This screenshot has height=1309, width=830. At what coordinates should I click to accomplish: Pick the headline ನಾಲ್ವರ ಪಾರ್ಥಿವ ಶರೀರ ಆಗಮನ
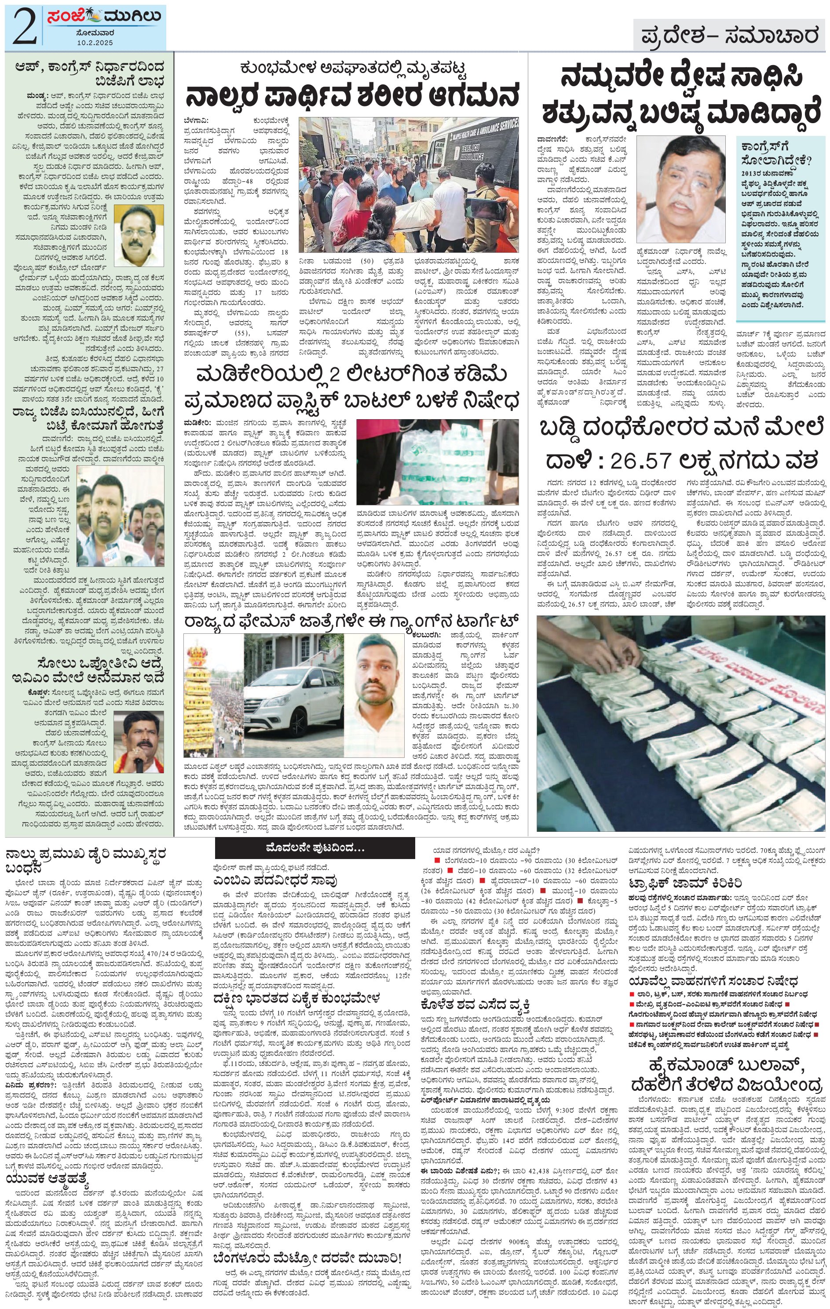[352, 97]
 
